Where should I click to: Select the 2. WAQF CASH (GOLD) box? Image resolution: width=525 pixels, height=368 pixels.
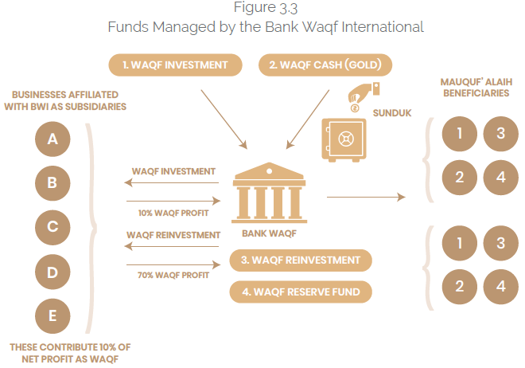coord(325,64)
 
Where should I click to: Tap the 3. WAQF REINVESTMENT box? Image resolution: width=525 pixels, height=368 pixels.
coord(301,260)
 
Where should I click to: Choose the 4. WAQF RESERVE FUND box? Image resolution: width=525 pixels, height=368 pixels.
coord(301,292)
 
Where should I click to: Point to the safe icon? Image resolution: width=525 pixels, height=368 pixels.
coord(343,140)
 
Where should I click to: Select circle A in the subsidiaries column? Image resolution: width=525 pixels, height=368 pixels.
coord(52,139)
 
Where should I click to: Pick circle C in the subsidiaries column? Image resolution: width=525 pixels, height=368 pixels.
coord(52,227)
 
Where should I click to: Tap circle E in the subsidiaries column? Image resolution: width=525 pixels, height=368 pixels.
coord(52,316)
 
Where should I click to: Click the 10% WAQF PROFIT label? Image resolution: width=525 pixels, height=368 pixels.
coord(173,213)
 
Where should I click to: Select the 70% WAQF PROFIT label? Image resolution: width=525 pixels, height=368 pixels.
coord(173,276)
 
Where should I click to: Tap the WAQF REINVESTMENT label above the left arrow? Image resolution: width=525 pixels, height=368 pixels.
coord(172,235)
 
